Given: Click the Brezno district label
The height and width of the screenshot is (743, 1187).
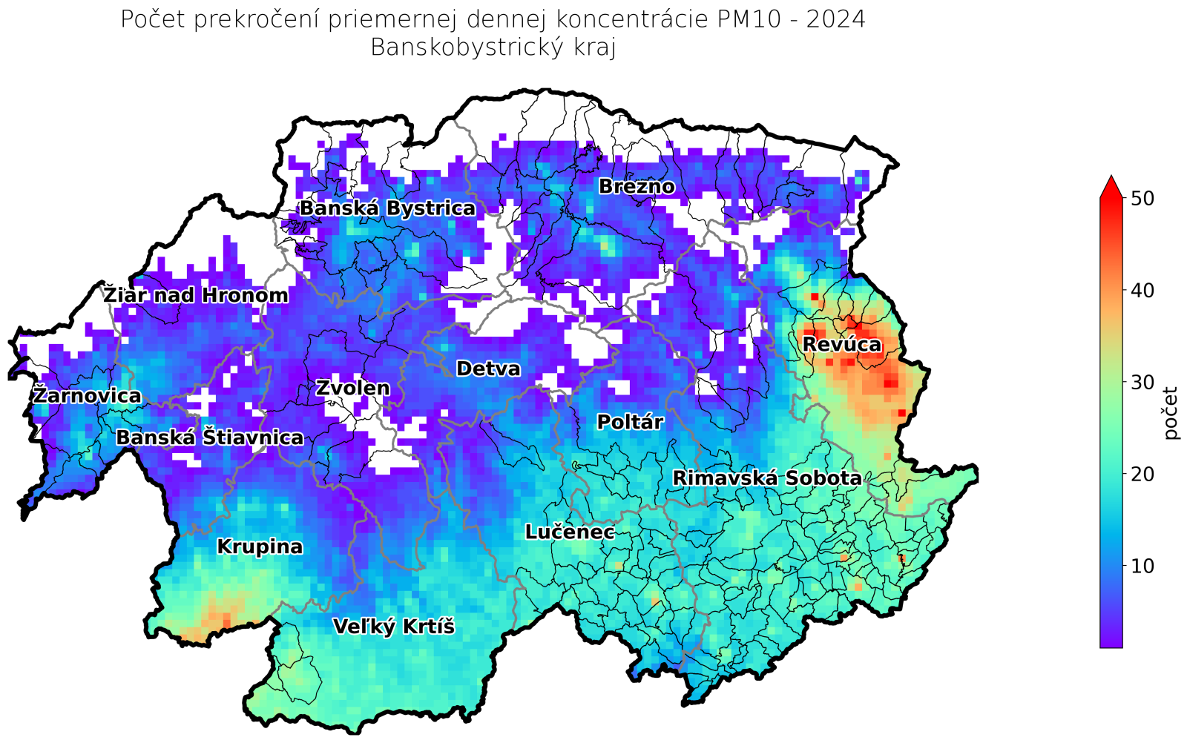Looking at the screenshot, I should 637,186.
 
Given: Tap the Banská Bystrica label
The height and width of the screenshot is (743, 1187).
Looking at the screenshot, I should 387,208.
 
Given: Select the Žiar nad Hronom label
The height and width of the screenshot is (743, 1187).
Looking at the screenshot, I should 196,295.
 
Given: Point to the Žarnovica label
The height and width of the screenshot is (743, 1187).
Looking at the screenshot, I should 87,395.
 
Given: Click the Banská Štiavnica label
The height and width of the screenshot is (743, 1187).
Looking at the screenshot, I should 210,437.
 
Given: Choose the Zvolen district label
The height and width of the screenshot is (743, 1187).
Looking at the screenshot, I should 352,388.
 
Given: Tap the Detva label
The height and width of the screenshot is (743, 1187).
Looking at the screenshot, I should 488,369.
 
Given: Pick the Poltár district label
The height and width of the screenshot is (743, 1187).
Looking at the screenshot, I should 630,422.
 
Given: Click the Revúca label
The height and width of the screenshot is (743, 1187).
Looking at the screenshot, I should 842,344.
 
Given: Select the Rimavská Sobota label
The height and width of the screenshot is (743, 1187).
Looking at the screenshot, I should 767,478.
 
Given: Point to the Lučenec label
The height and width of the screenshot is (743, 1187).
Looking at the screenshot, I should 570,532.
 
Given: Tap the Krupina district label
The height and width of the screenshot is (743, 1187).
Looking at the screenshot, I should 260,546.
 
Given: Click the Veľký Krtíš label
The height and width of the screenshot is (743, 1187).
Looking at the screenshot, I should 393,627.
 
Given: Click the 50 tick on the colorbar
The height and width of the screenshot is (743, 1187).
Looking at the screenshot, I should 1142,198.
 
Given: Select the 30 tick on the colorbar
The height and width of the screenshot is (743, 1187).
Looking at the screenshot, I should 1142,382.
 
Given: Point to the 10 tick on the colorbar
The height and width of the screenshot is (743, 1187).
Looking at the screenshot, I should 1142,566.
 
